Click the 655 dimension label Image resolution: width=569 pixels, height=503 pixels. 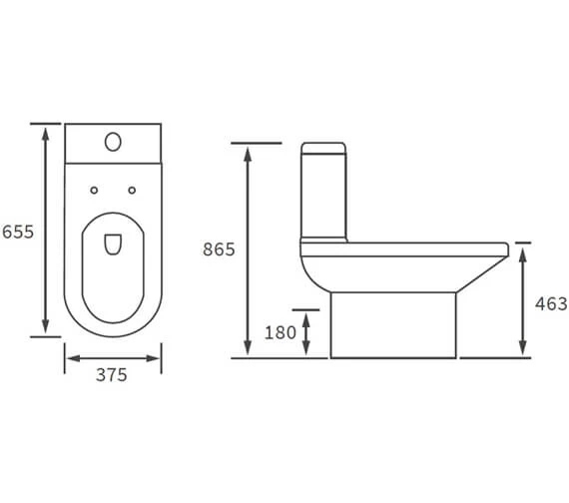[18, 232]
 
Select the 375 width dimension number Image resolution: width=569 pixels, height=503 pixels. [111, 375]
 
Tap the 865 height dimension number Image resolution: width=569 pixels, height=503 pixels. [219, 250]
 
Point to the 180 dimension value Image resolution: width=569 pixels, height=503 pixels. [281, 332]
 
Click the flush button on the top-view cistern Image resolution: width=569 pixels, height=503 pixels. [113, 143]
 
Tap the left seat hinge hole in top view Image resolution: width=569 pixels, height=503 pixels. [93, 190]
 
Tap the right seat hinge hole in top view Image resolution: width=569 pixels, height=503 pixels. [132, 190]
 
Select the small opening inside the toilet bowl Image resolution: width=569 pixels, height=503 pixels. [113, 243]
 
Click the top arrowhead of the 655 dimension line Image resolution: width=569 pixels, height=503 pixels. [45, 129]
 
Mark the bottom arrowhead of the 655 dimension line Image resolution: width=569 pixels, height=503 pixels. [45, 331]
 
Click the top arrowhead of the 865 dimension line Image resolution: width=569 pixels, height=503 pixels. [249, 149]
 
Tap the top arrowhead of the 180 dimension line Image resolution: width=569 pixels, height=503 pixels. [307, 314]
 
